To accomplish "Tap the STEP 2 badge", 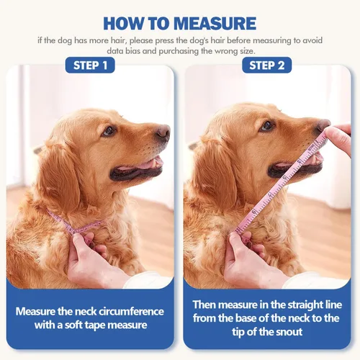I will pos(266,66).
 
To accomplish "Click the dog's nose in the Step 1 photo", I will pos(163,132).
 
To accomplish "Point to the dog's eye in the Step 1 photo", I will pos(109,130).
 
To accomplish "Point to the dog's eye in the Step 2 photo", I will pos(267,125).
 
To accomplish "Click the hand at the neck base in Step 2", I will pos(245,259).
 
